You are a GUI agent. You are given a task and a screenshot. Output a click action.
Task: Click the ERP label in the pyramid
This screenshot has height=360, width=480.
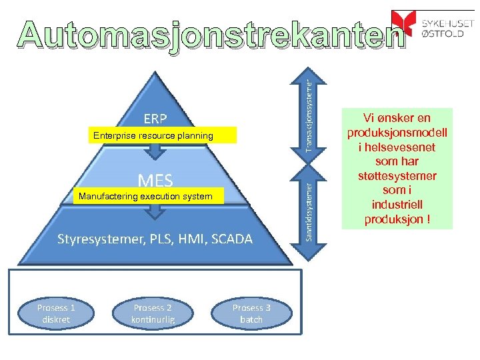click(x=155, y=119)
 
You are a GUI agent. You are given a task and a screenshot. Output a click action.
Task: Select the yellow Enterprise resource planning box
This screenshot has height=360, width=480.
click(x=154, y=136)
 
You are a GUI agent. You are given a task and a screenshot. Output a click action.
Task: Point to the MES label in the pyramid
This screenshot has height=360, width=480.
click(x=155, y=180)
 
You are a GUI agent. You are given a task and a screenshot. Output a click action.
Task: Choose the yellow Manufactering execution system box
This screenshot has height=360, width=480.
click(x=146, y=197)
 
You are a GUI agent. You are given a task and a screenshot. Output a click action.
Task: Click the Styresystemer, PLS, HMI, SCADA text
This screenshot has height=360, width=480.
click(x=155, y=239)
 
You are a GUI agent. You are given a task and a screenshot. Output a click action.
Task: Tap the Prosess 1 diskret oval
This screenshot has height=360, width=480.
click(x=56, y=313)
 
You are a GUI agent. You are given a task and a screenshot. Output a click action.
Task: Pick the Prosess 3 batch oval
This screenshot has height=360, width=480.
click(x=251, y=313)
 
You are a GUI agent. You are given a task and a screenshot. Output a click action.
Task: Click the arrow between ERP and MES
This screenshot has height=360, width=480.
click(x=155, y=151)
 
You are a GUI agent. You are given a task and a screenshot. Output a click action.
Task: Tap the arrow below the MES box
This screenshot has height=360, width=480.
click(x=155, y=211)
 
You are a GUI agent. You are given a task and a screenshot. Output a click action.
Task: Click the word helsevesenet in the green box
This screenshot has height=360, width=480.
click(x=397, y=147)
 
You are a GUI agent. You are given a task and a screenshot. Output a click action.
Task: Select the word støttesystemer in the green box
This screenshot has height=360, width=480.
click(x=397, y=176)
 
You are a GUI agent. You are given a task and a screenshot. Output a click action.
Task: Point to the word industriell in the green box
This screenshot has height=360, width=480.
click(x=397, y=205)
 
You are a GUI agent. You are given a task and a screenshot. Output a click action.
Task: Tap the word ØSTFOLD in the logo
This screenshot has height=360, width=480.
click(x=443, y=33)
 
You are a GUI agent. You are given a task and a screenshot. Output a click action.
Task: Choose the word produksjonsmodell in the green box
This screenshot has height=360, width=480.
click(x=397, y=133)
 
